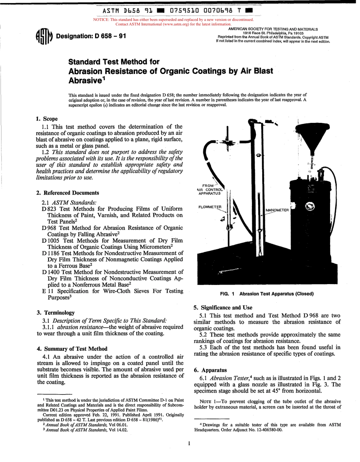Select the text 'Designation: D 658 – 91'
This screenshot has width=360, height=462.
[91, 36]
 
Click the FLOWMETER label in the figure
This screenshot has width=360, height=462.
[210, 207]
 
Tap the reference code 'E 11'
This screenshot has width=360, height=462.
[47, 291]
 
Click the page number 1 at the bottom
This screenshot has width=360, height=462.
[188, 443]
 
